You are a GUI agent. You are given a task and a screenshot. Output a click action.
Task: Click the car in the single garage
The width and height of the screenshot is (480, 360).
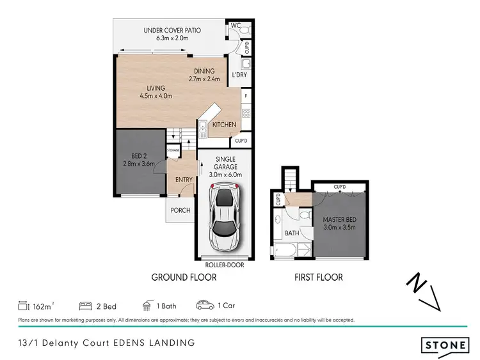click(x=223, y=217)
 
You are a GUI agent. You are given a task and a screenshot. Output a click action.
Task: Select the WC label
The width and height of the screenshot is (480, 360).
click(x=235, y=26)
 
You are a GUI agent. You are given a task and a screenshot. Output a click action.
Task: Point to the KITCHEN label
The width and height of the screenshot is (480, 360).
click(x=224, y=125)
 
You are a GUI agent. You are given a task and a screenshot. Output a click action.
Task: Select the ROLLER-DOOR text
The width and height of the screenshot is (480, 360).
click(x=223, y=264)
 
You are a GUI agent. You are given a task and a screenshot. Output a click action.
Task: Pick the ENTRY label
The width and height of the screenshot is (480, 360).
click(x=184, y=180)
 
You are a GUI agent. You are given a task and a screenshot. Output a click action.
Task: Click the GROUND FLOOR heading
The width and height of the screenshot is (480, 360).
click(x=184, y=278)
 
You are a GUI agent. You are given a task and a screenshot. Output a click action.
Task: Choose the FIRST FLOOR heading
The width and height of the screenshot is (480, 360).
click(x=318, y=278)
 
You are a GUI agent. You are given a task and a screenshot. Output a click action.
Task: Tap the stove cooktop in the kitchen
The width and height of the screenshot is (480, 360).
click(x=245, y=115)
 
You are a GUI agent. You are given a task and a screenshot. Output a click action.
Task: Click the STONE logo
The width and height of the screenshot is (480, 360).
click(x=444, y=345)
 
